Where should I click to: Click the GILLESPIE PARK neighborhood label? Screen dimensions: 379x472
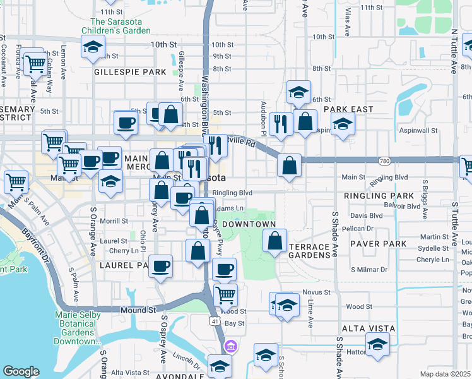129,72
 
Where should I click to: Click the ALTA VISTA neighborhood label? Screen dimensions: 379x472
368,328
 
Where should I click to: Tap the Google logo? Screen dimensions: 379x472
21,371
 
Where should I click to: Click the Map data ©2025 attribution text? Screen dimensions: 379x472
445,374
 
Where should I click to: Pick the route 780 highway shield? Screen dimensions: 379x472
384,162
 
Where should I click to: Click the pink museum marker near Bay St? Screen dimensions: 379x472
230,346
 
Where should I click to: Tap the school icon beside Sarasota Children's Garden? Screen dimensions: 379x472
93,47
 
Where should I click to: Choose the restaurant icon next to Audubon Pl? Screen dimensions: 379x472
280,123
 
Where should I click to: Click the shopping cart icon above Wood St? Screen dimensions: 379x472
225,294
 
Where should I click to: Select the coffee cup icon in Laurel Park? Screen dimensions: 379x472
161,265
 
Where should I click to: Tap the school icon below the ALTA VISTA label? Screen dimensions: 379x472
377,344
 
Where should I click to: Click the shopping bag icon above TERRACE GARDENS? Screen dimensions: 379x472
275,241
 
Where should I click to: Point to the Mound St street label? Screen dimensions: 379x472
138,310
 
